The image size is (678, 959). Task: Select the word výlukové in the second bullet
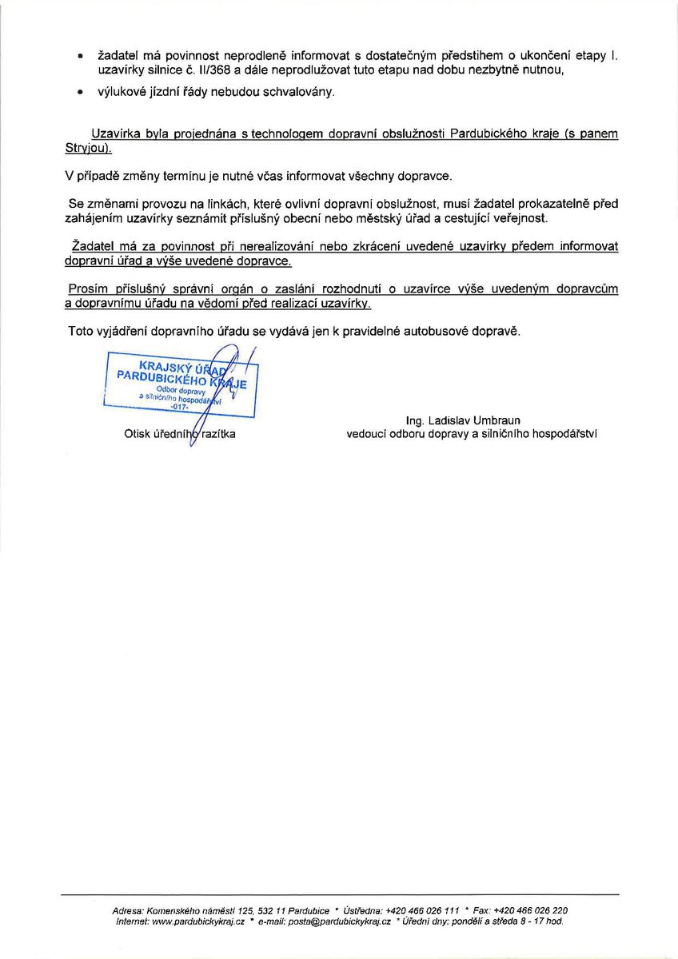coord(122,93)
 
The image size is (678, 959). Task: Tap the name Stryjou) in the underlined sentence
coord(88,149)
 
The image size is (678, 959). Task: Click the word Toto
coord(81,331)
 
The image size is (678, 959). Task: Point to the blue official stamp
coord(181,384)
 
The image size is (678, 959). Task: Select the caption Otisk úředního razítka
coord(180,434)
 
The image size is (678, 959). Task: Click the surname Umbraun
coord(495,420)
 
